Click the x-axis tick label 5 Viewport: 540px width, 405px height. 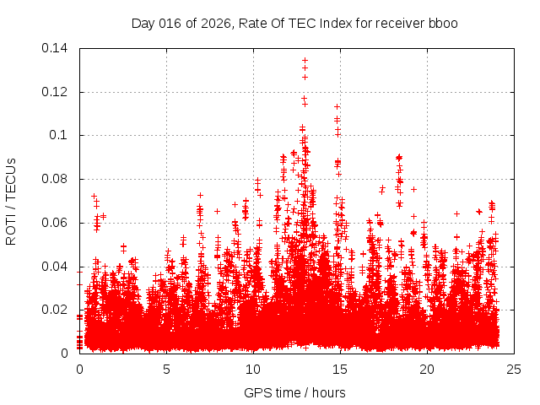167,369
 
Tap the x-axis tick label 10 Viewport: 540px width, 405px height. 253,369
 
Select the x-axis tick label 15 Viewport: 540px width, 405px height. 340,369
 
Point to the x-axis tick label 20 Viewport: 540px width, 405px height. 427,369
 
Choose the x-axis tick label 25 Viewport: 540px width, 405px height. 514,369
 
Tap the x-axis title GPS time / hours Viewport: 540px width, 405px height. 294,392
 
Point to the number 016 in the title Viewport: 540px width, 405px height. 171,23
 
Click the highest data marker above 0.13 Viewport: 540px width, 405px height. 305,61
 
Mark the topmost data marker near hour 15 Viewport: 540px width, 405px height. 337,107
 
